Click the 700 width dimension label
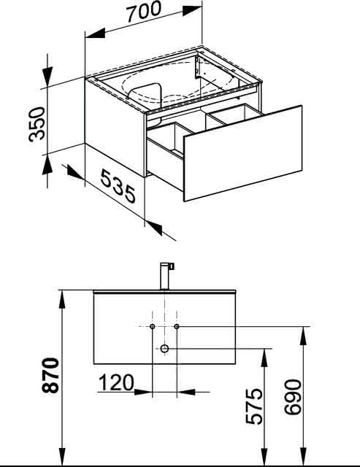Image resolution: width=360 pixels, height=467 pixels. (144, 12)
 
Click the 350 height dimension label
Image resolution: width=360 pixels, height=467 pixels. (37, 123)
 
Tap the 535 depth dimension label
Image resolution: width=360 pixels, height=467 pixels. (118, 186)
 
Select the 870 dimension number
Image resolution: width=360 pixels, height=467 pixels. (50, 375)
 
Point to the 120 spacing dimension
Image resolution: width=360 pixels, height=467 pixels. (116, 382)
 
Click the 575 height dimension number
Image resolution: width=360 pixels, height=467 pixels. (254, 406)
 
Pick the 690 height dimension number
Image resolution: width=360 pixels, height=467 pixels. (293, 397)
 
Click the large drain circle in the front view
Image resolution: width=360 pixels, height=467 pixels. (164, 349)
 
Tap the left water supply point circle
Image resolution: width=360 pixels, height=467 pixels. (153, 326)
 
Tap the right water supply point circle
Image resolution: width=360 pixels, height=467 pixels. (177, 326)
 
